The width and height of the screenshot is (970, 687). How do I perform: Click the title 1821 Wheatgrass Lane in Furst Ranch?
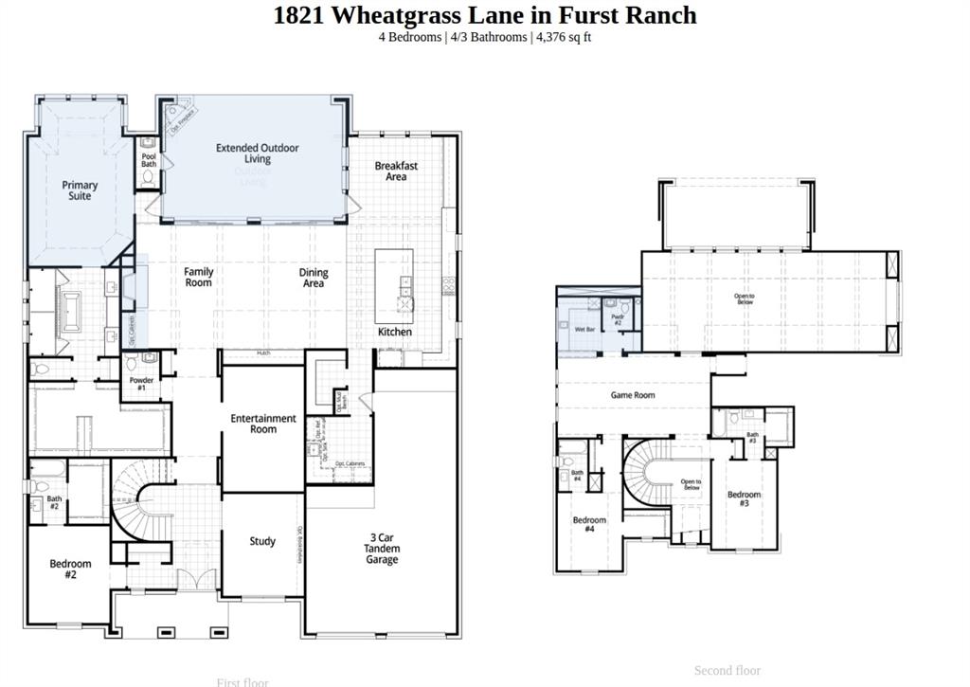[x=484, y=15]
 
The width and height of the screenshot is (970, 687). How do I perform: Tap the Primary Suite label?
[x=80, y=190]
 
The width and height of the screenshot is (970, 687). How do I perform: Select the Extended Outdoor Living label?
[x=257, y=154]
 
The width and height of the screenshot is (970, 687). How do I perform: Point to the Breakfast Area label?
[x=396, y=172]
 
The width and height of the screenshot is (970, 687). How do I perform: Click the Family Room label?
[x=198, y=277]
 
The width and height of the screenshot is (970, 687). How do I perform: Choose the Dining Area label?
[x=314, y=278]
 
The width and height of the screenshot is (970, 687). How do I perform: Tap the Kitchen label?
[x=395, y=332]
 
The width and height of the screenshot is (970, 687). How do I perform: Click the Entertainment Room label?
[x=263, y=424]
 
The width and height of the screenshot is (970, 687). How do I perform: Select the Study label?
[x=262, y=541]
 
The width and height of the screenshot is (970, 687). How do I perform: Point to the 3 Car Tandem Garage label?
[x=383, y=549]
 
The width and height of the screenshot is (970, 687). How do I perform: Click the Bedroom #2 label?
[x=70, y=569]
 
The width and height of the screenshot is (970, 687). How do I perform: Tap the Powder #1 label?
[x=141, y=384]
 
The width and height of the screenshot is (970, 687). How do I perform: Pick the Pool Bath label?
[x=149, y=160]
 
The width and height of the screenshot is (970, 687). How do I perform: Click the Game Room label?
[x=632, y=395]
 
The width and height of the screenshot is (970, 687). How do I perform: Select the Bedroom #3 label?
[x=744, y=498]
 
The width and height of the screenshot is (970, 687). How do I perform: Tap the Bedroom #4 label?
[x=589, y=524]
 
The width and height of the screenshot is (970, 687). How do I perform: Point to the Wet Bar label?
[x=584, y=329]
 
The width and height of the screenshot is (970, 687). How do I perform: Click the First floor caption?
[x=242, y=681]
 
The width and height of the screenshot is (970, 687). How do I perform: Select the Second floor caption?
[x=727, y=670]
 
